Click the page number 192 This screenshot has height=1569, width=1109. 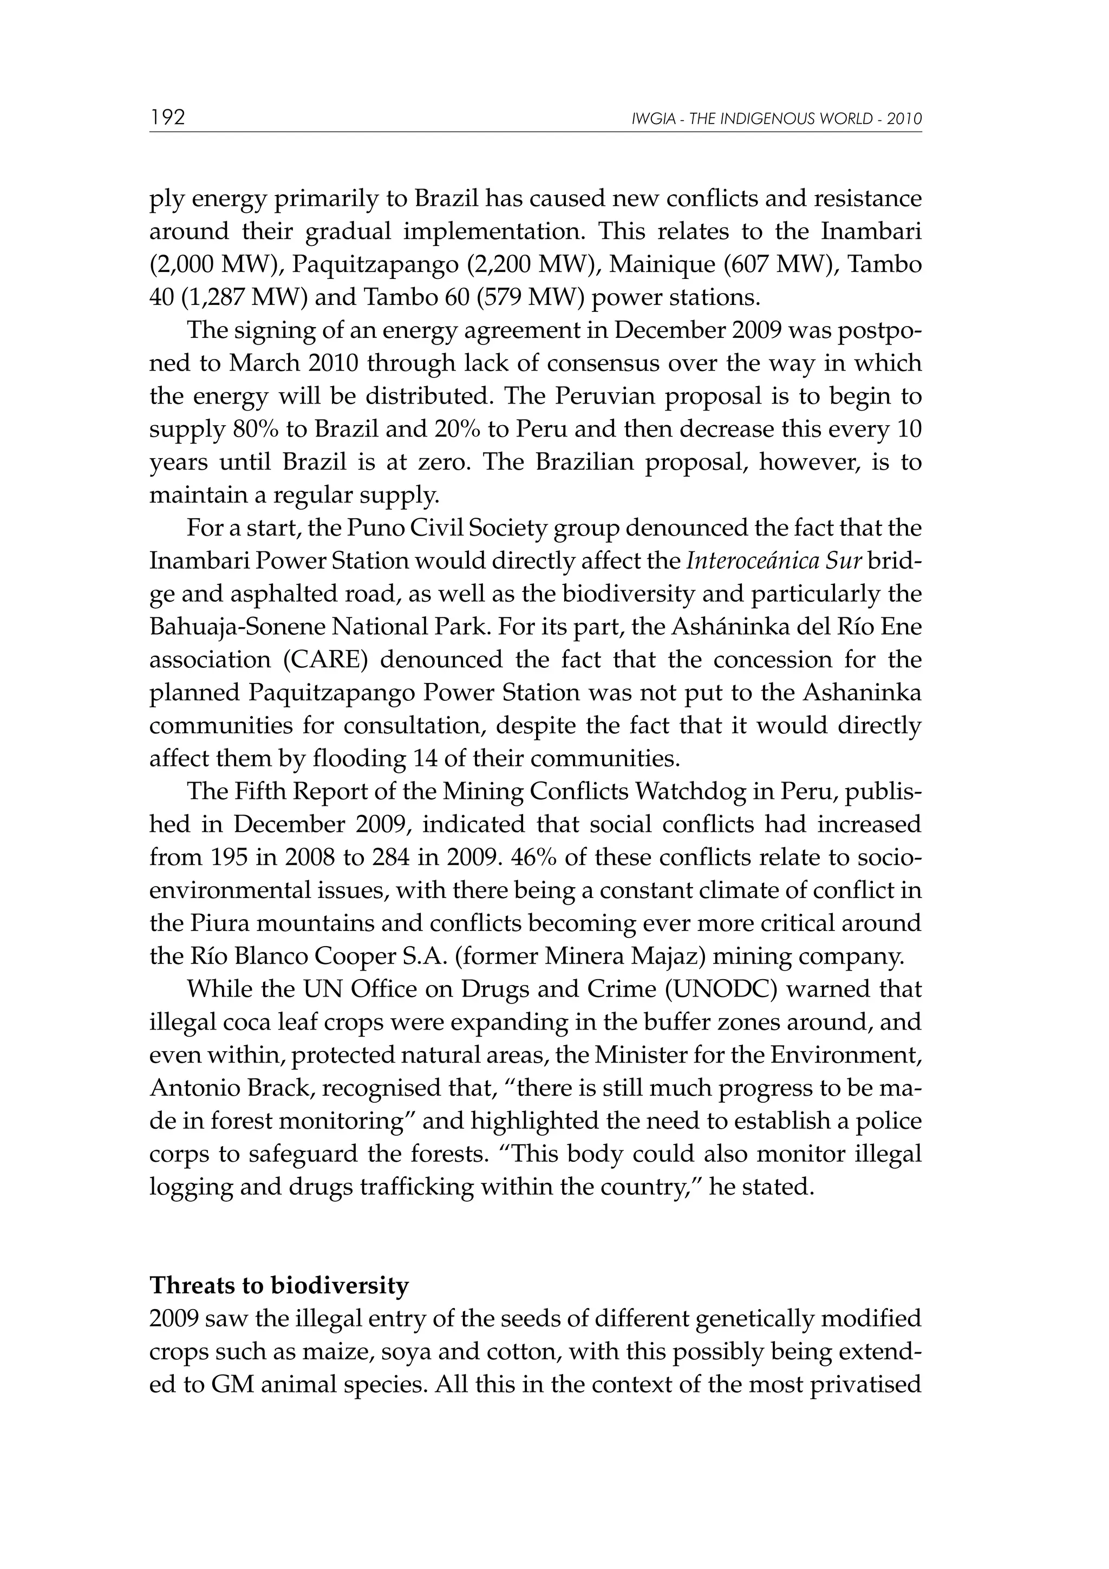click(x=167, y=118)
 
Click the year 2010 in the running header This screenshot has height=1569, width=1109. click(x=905, y=119)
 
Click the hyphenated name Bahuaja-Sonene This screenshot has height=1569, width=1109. click(x=237, y=627)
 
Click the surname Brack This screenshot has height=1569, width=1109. click(x=282, y=1088)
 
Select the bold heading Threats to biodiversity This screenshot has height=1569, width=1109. click(x=279, y=1285)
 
